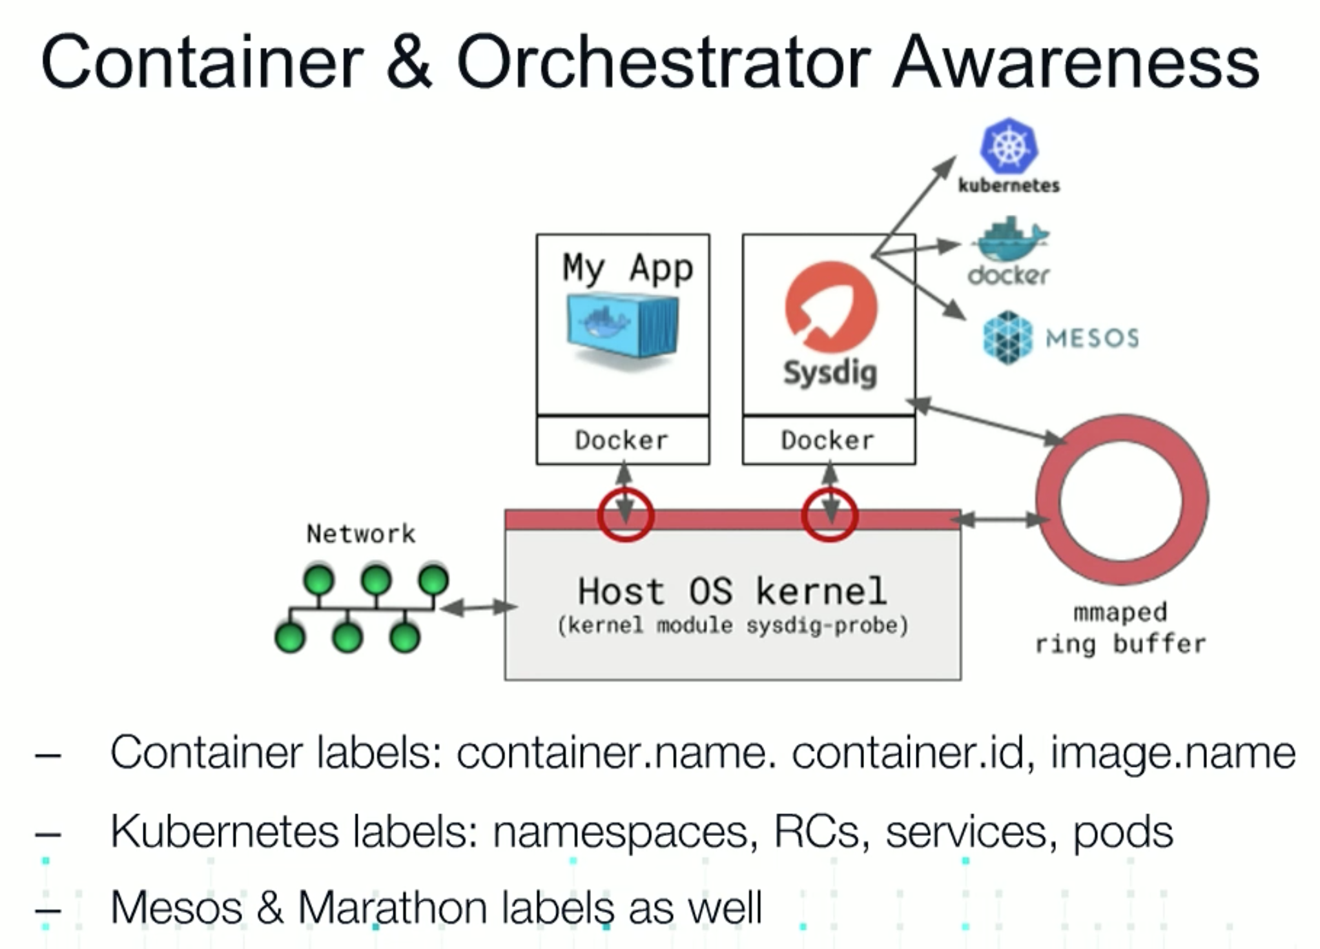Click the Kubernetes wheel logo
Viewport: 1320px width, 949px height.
coord(1009,146)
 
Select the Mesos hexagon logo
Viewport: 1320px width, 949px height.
coord(1007,338)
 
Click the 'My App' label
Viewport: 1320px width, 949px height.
coord(628,268)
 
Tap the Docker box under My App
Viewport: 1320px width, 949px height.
coord(623,440)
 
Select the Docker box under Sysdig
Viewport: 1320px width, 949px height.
coord(829,440)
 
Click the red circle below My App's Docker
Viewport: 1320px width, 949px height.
coord(625,490)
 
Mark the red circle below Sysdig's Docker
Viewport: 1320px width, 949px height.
coord(830,490)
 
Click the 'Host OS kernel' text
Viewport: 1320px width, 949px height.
coord(732,591)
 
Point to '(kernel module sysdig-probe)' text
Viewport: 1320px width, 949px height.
coord(733,626)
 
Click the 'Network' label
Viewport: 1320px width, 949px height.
coord(361,534)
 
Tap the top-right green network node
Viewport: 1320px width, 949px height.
coord(433,579)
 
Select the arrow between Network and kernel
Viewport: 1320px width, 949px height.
coord(479,607)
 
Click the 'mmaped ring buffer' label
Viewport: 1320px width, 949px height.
coord(1120,628)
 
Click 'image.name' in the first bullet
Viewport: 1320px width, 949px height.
coord(1173,753)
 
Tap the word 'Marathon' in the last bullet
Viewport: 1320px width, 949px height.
coord(393,908)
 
